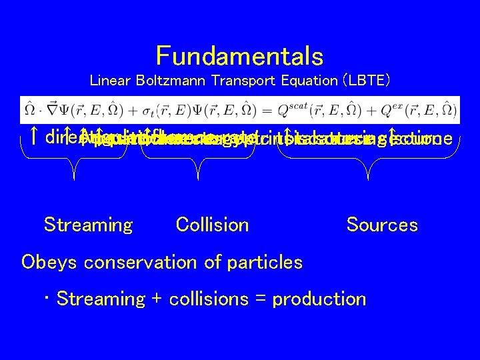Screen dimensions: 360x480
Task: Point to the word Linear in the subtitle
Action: pyautogui.click(x=108, y=81)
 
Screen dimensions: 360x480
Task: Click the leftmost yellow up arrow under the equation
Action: pyautogui.click(x=33, y=138)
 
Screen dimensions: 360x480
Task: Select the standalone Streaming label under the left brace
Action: pyautogui.click(x=88, y=225)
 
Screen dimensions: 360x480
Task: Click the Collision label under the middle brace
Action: pyautogui.click(x=212, y=225)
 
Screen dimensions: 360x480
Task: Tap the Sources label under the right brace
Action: pyautogui.click(x=382, y=225)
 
